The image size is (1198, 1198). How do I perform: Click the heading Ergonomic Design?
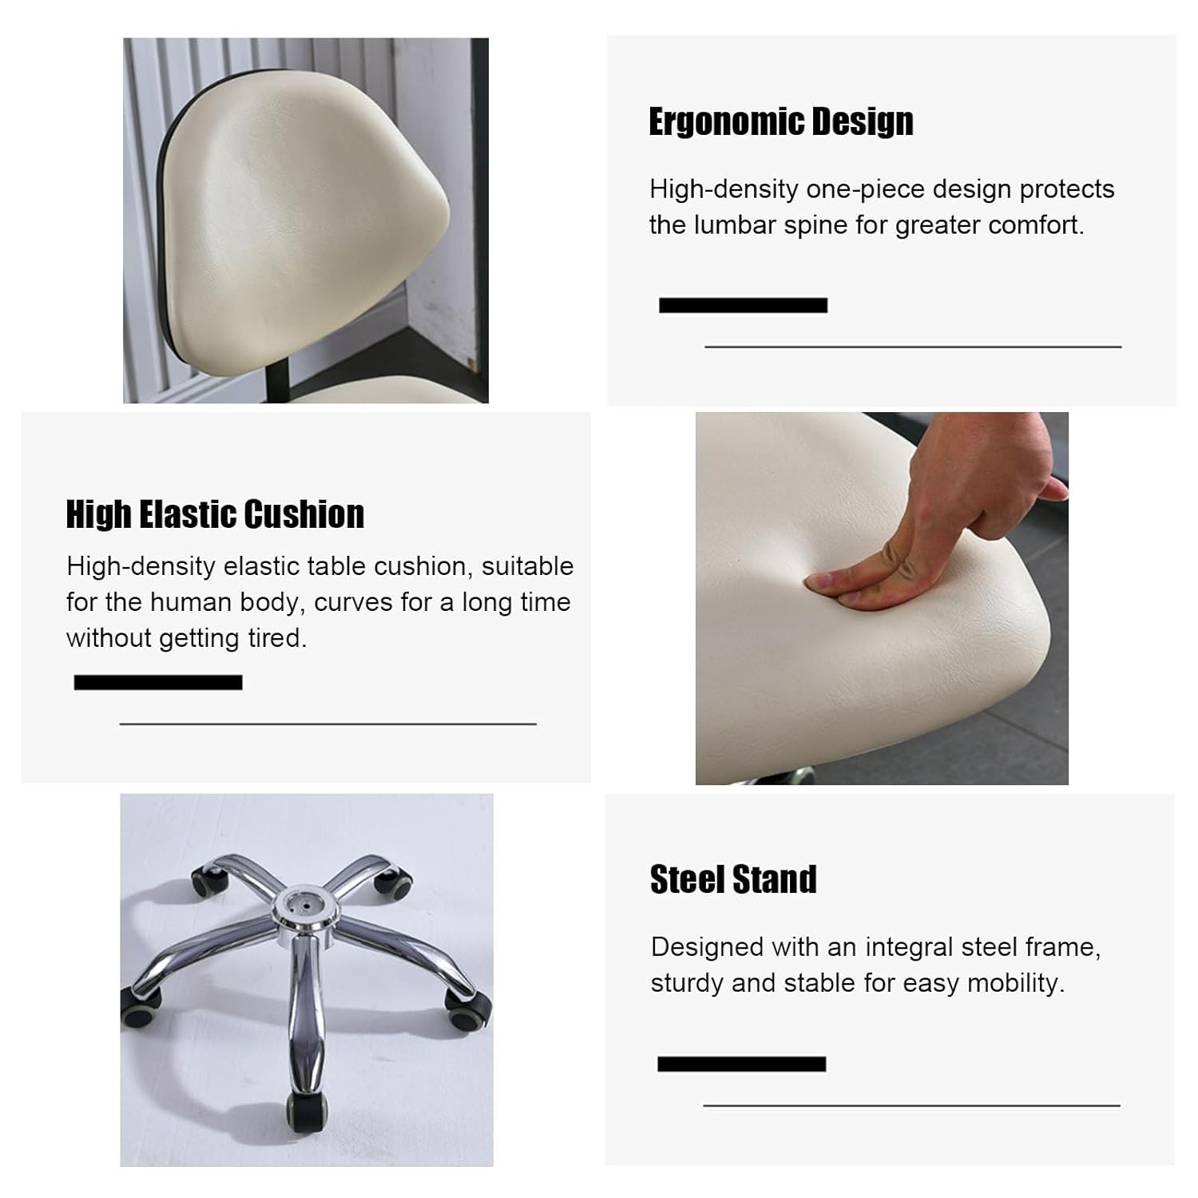click(x=780, y=122)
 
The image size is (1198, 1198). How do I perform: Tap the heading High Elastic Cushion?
click(x=215, y=514)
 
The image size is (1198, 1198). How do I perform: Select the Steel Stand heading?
click(x=733, y=879)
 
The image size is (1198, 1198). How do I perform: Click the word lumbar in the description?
click(x=735, y=225)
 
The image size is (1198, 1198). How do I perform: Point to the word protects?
click(x=1067, y=190)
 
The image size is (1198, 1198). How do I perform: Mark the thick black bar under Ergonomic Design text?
click(x=743, y=305)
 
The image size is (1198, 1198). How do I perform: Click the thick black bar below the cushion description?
click(x=158, y=682)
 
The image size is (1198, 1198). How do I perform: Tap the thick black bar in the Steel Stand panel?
click(x=741, y=1064)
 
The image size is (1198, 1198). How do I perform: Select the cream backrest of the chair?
click(x=303, y=220)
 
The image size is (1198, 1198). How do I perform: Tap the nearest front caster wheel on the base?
click(x=307, y=1112)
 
